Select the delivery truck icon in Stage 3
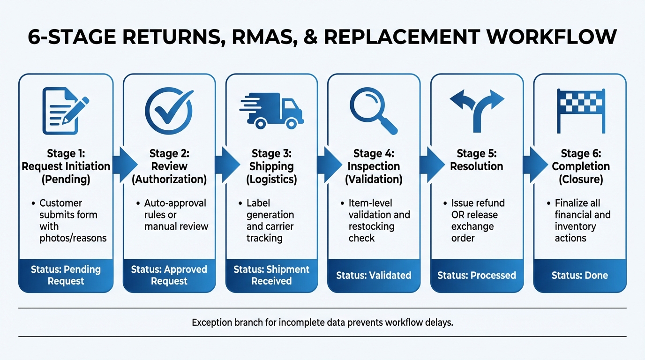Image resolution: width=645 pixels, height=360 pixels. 272,111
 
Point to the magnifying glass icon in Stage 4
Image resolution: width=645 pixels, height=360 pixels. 374,111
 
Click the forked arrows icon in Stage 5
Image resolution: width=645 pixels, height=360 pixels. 477,111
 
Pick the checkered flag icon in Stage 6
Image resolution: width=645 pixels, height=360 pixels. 580,111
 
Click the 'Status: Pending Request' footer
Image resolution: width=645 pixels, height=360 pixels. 66,275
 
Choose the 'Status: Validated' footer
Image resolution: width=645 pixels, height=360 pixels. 374,275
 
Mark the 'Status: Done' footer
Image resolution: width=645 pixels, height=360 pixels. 580,275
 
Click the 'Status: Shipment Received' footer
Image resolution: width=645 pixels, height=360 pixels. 271,275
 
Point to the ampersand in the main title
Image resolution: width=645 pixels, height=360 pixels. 312,37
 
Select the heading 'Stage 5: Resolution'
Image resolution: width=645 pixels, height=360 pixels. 477,160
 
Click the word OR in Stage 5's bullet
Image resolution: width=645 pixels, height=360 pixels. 457,215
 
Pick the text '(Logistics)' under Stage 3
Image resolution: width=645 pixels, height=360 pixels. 271,179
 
